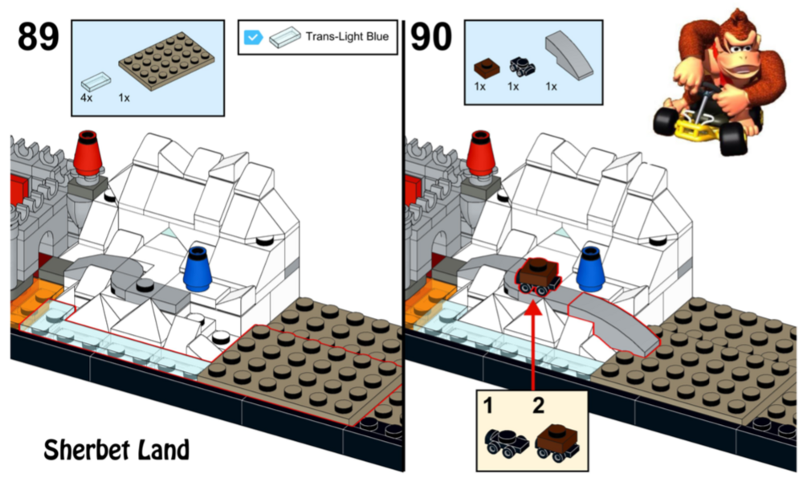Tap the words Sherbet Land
point(116,449)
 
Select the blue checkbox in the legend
point(253,36)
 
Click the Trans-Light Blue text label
point(346,36)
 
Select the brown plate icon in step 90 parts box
point(484,67)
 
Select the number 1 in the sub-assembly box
point(488,406)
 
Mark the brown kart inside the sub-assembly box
point(557,439)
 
